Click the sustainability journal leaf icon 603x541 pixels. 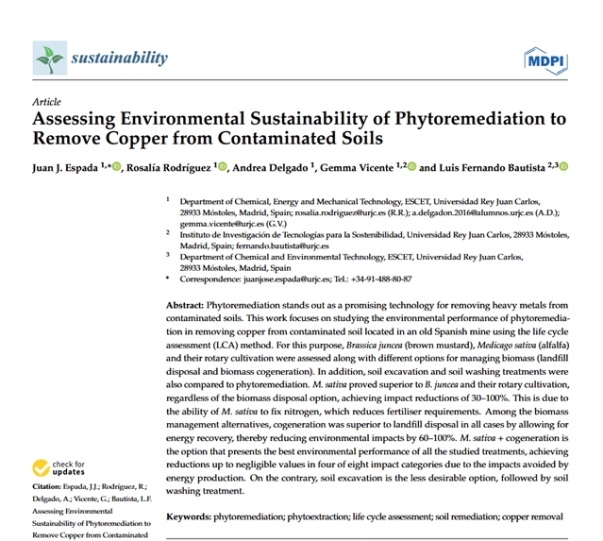(x=47, y=59)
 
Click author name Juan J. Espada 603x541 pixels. (x=67, y=167)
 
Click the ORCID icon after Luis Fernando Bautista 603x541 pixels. (x=564, y=167)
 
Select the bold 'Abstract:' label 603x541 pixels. (x=184, y=307)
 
